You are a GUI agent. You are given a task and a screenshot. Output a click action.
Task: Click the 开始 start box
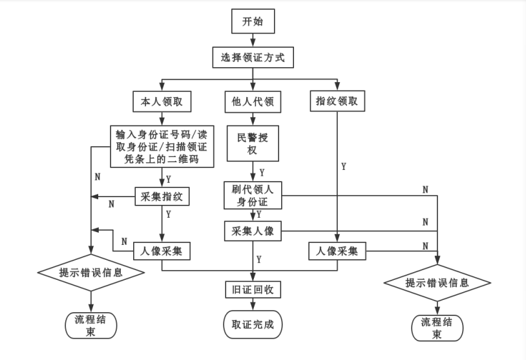(253, 22)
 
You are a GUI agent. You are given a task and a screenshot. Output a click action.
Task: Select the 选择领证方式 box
(253, 58)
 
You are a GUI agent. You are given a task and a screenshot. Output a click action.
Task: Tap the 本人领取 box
(161, 102)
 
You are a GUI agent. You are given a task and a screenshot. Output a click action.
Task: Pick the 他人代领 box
(253, 102)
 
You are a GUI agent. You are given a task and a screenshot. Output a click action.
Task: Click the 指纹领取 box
(336, 102)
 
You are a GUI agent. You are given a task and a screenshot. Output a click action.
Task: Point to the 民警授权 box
(253, 144)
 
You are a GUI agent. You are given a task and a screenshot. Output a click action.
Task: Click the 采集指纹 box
(162, 196)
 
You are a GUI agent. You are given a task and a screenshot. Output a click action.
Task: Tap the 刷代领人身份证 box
(253, 195)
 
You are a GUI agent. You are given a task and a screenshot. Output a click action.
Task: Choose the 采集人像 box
(253, 231)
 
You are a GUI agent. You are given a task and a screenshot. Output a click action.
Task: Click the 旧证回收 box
(253, 290)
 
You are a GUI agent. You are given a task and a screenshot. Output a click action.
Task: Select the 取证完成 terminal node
(253, 324)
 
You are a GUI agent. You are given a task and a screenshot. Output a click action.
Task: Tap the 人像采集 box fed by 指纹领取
(337, 250)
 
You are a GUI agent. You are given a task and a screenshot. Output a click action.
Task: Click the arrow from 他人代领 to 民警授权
(253, 119)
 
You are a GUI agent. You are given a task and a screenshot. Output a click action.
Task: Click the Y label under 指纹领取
(343, 166)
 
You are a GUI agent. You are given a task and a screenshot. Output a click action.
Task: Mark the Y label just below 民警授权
(262, 173)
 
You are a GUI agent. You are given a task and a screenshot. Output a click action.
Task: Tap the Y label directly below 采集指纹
(169, 213)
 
